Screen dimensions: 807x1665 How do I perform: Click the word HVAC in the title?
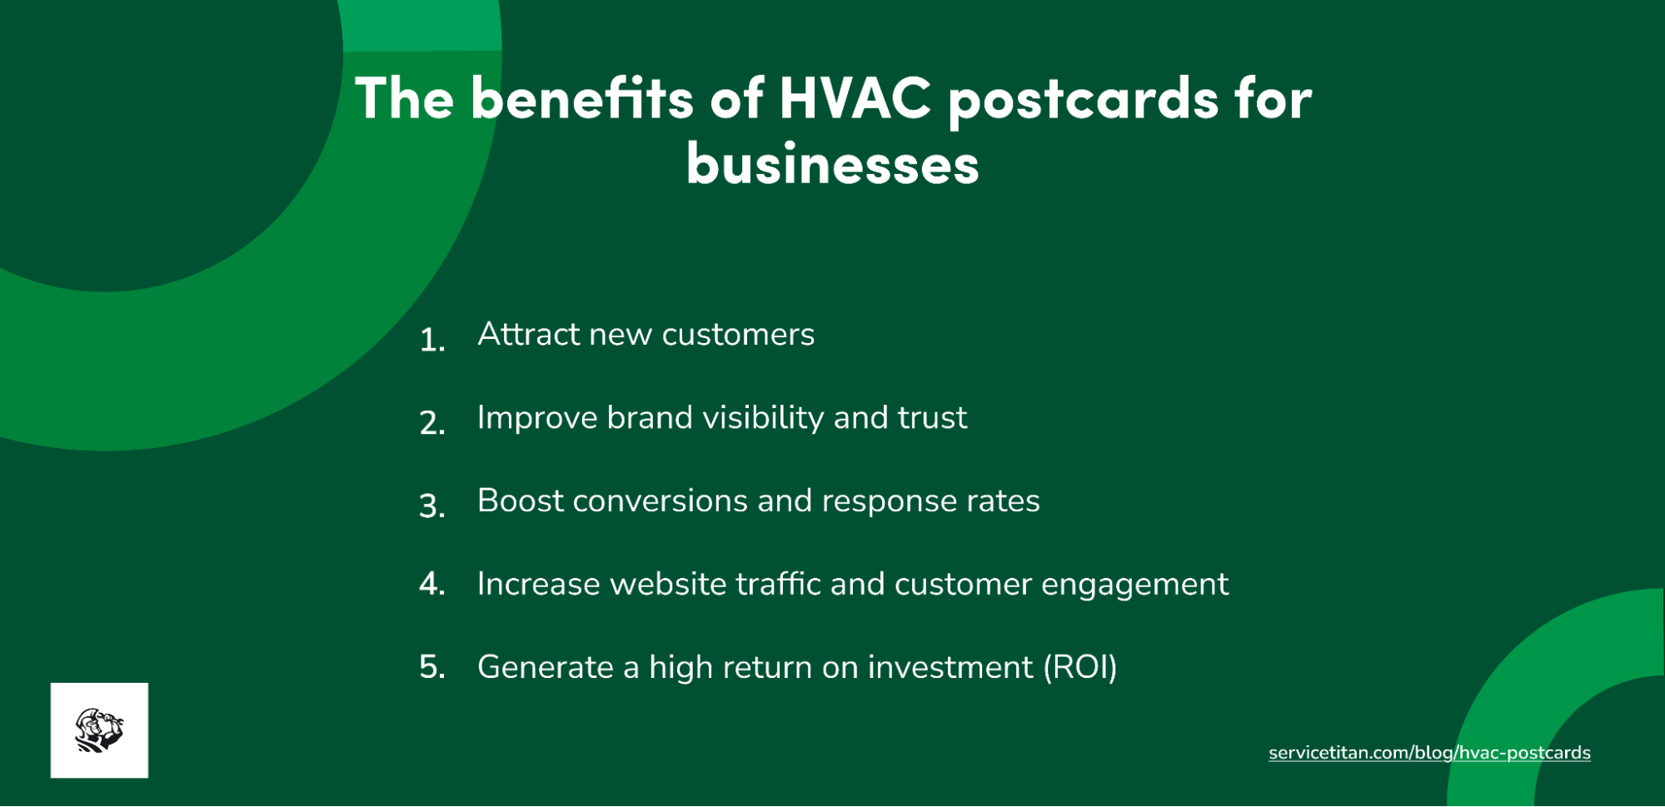[855, 98]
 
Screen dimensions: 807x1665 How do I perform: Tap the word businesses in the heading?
[832, 164]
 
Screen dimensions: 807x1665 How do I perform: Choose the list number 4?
[431, 584]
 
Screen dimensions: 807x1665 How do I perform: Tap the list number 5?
[431, 667]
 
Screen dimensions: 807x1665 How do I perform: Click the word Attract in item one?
[529, 334]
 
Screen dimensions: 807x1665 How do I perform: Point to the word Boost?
[520, 501]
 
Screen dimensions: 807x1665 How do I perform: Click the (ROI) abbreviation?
[1080, 668]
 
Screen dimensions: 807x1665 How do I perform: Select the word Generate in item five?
[546, 668]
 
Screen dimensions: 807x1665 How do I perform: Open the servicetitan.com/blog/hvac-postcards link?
[1429, 753]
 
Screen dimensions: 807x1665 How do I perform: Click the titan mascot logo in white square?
[99, 730]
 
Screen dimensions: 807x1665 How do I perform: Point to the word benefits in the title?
[581, 98]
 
